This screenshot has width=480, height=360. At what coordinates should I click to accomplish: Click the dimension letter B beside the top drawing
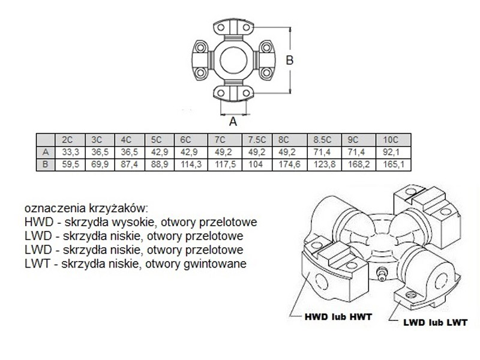(x=289, y=59)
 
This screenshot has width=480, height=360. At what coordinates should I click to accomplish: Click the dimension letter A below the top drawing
(x=234, y=120)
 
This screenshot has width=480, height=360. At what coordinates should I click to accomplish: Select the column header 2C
(x=67, y=140)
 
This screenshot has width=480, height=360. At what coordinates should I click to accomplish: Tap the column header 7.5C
(x=256, y=140)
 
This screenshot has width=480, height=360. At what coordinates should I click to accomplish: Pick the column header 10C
(x=392, y=140)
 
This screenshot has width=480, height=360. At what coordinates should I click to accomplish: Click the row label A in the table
(x=45, y=151)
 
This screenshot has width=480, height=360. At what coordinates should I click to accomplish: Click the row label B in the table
(x=45, y=163)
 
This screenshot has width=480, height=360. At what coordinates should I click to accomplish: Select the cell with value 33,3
(x=67, y=151)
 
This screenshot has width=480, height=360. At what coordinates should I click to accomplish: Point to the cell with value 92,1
(x=392, y=151)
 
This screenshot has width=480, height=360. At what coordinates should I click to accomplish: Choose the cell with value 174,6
(x=289, y=163)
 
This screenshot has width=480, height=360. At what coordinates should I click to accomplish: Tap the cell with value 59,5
(x=67, y=163)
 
